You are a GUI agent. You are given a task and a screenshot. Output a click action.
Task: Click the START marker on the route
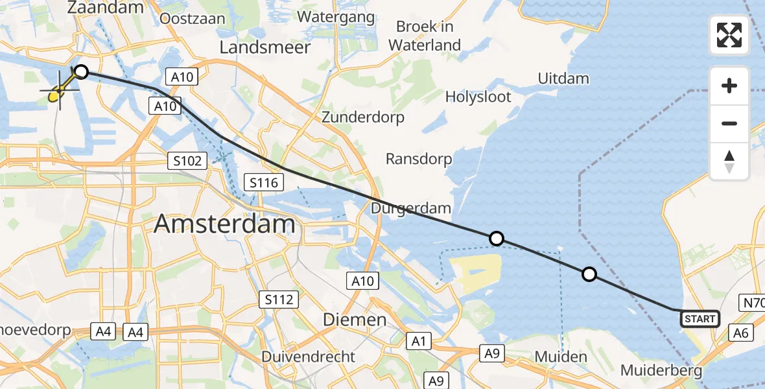[x=700, y=318]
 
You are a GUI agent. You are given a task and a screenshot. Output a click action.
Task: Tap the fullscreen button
[x=729, y=35]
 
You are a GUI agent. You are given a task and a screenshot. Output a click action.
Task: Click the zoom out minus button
[x=729, y=123]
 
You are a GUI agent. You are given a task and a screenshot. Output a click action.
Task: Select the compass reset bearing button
[x=729, y=161]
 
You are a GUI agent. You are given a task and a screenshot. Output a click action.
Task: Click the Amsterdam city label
[x=224, y=225]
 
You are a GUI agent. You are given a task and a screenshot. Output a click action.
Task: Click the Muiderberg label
[x=661, y=371]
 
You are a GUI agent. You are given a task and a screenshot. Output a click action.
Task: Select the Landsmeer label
[x=265, y=47]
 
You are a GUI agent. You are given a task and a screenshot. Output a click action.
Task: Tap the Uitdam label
[x=563, y=78]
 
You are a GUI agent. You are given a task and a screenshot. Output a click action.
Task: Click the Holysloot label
[x=478, y=97]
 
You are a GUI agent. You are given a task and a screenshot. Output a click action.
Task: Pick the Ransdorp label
[x=419, y=159]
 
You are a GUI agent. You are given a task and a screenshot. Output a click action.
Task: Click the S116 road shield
[x=264, y=183]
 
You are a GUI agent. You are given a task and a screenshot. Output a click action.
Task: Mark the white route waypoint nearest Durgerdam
[x=496, y=239]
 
